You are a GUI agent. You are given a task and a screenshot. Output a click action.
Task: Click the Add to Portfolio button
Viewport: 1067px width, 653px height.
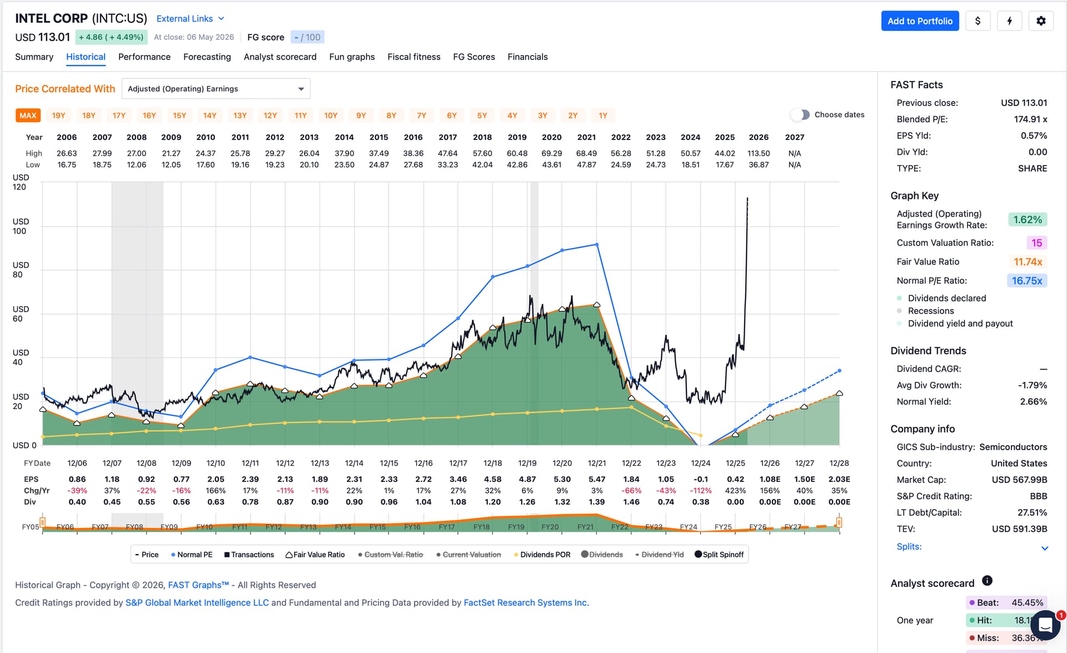(920, 21)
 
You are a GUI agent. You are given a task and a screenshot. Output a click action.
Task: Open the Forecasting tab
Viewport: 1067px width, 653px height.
(207, 57)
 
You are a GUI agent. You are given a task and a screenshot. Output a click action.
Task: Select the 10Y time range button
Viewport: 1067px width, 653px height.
(331, 116)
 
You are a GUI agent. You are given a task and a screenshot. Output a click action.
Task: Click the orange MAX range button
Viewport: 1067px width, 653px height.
(28, 116)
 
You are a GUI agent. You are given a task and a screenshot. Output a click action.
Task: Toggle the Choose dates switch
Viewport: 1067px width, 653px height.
(800, 114)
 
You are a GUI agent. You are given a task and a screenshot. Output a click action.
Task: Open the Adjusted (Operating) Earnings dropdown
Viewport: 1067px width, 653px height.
(216, 89)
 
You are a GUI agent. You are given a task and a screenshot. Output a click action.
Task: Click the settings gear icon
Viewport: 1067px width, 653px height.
(1041, 21)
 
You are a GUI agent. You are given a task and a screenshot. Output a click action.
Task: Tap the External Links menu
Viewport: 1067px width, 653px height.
(190, 19)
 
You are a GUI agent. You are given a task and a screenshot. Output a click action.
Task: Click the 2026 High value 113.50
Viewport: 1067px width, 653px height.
(759, 153)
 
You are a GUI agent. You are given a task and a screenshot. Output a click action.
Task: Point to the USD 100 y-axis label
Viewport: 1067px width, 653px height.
(20, 226)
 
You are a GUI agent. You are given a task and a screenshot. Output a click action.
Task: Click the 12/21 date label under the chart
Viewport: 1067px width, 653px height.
(597, 463)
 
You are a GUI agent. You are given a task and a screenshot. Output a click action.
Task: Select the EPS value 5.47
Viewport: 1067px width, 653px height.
(597, 479)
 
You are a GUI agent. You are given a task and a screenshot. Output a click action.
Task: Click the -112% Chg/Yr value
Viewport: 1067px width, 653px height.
(700, 491)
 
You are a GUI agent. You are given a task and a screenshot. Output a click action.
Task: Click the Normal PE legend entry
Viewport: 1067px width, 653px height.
(192, 555)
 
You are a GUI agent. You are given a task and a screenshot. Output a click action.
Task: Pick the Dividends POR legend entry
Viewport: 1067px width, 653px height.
(542, 555)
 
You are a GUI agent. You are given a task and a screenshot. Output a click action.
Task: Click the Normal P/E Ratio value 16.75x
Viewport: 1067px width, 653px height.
(1027, 281)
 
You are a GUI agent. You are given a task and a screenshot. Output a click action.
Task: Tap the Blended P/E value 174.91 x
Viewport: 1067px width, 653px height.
(1030, 119)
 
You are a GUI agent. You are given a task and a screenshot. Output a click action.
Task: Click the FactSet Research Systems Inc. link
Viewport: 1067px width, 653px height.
(526, 602)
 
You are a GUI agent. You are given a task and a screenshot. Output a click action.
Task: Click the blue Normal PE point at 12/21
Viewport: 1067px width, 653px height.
(597, 245)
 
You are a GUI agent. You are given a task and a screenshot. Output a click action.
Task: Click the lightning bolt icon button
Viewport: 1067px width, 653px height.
(1009, 21)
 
